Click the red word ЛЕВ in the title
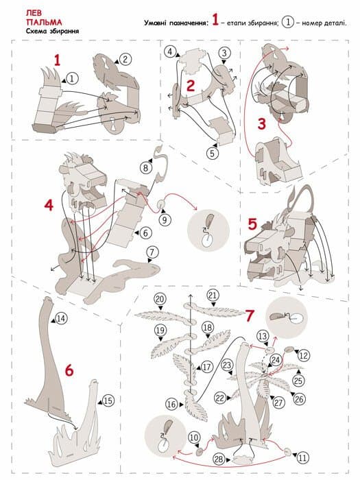tap(34, 13)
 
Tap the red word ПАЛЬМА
tap(44, 23)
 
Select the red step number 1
tap(57, 60)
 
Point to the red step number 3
tap(262, 124)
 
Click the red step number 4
tap(49, 205)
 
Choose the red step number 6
tap(69, 371)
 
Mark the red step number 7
tap(250, 316)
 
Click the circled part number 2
tap(125, 59)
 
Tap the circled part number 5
tap(213, 153)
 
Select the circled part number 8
tap(145, 167)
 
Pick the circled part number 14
tap(61, 318)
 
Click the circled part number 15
tap(108, 400)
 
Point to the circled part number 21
tap(213, 296)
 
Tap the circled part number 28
tap(219, 459)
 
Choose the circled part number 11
tap(302, 458)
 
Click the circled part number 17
tap(207, 367)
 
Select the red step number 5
tap(252, 224)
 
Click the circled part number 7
tap(152, 252)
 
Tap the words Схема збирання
tap(52, 31)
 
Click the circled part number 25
tap(298, 381)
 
